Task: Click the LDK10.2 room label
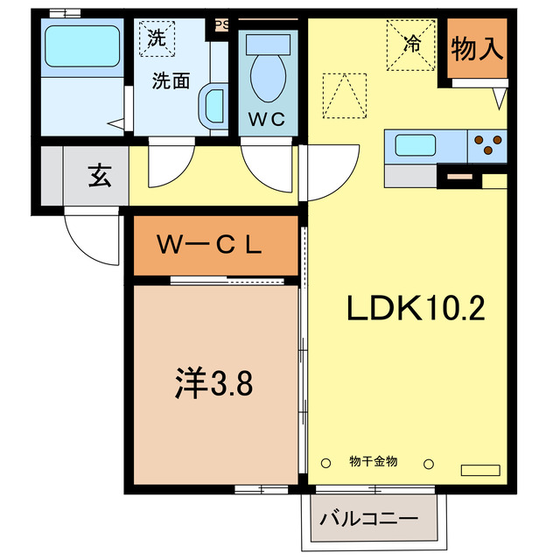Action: coord(416,308)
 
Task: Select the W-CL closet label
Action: coord(210,246)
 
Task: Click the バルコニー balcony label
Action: coord(368,517)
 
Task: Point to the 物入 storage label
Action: coord(477,50)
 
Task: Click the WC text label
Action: coord(268,120)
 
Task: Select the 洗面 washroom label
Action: coord(171,81)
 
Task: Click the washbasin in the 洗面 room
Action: coord(212,107)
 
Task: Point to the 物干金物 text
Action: coord(374,461)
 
